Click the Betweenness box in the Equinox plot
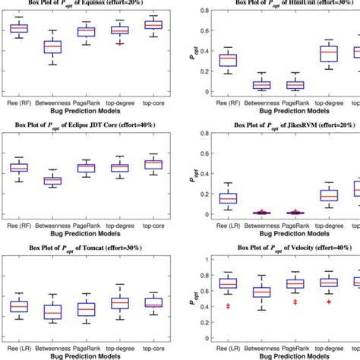(52, 47)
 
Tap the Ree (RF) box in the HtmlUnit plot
(227, 60)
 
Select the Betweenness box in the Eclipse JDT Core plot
(52, 181)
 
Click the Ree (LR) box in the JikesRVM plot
(227, 199)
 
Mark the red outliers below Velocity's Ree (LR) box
(227, 306)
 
